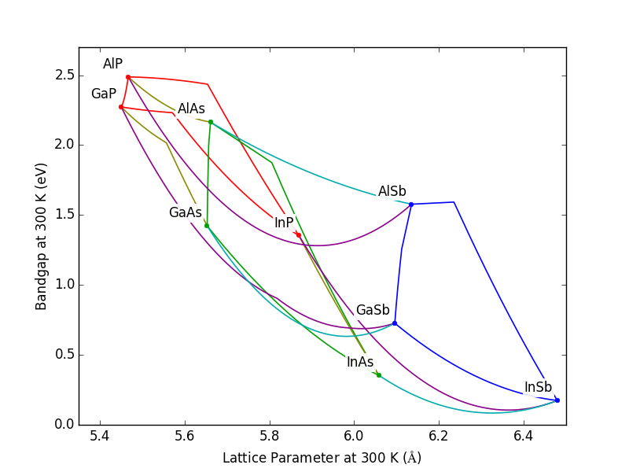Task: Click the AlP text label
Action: [x=112, y=65]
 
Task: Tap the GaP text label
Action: [x=103, y=94]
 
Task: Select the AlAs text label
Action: [x=191, y=109]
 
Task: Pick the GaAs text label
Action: [x=185, y=213]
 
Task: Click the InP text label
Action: [x=284, y=223]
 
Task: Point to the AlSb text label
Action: [x=392, y=192]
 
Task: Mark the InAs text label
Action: [x=360, y=363]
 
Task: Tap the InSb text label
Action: [x=538, y=388]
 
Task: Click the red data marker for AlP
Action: [x=128, y=77]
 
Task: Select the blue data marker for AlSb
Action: [x=411, y=205]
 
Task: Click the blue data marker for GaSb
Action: [x=395, y=323]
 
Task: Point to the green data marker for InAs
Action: [x=379, y=375]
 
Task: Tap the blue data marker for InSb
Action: [x=557, y=400]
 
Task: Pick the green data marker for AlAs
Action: [x=211, y=122]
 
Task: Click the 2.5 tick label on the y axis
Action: [x=64, y=76]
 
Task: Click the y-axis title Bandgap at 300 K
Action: [x=41, y=236]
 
